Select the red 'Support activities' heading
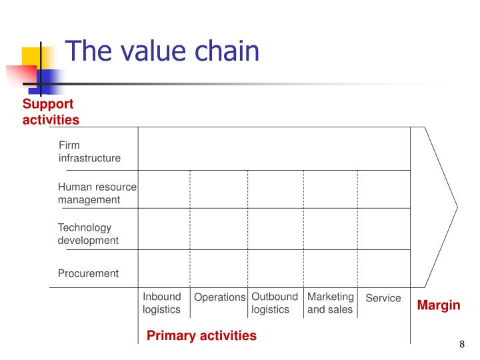coord(51,112)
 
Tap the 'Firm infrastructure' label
coord(89,151)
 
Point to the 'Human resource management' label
coord(97,193)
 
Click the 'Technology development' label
coord(88,233)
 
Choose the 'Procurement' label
coord(88,273)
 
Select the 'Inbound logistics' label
coord(161,303)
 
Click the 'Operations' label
coord(219,297)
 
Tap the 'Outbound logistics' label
coord(274,303)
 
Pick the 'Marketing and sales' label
coord(330,303)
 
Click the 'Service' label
coord(383,298)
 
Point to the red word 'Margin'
coord(439,305)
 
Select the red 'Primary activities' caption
coord(201,335)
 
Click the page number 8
coord(461,345)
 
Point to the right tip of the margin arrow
coord(457,206)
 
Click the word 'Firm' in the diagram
coord(69,145)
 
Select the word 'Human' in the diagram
coord(73,187)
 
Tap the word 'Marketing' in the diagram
coord(330,297)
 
